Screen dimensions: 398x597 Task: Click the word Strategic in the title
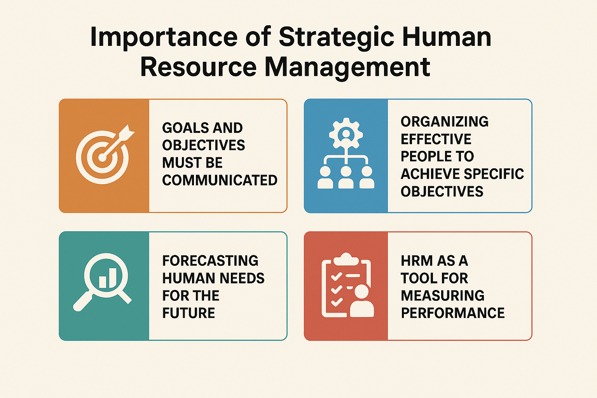coord(337,37)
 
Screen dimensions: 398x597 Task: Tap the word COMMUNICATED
coord(220,180)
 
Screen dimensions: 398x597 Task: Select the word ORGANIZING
coord(444,122)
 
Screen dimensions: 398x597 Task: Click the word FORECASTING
coord(210,260)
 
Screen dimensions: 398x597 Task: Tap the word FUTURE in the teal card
coord(189,313)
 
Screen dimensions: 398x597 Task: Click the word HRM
coord(417,260)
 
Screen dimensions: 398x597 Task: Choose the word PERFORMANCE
coord(452,313)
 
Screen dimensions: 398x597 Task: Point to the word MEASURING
coord(442,295)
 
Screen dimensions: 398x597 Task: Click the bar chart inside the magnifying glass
coord(107,278)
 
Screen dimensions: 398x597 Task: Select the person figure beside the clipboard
coord(361,301)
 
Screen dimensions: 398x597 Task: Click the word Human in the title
coord(447,37)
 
